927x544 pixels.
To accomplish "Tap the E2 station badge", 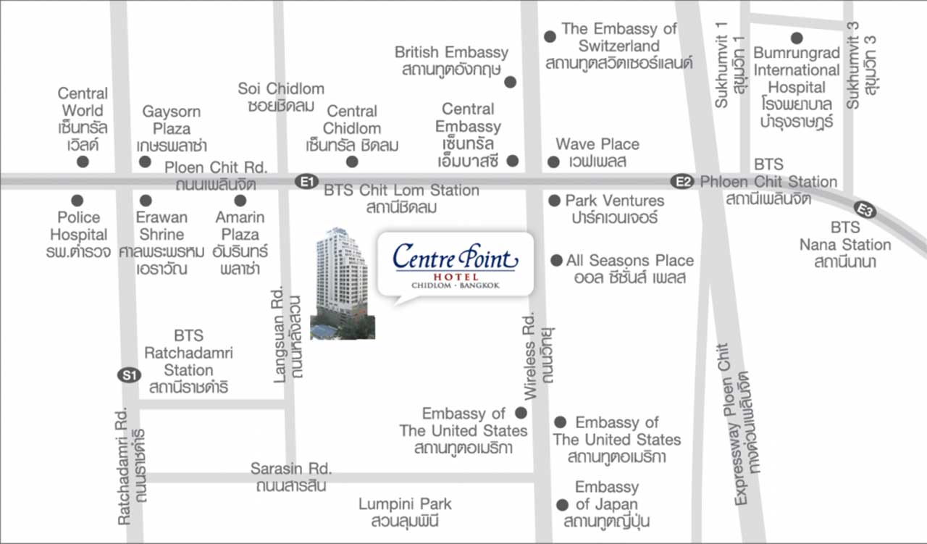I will point(681,182).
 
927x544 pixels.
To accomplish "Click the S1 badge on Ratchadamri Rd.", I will point(128,375).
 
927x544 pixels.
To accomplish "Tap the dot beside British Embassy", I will point(510,83).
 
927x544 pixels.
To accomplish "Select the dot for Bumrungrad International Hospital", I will point(797,38).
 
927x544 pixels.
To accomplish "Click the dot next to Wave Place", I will point(553,162).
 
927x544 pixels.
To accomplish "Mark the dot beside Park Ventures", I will point(555,201).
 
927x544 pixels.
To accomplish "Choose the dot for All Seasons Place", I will point(556,260).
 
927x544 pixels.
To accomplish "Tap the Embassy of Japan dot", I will point(562,505).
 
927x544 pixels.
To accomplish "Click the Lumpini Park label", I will point(405,512).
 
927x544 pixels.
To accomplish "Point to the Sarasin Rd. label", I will point(291,477).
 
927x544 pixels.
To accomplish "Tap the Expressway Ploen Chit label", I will point(749,424).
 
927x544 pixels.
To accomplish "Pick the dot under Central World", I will point(83,162).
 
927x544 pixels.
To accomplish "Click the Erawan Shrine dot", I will point(146,200).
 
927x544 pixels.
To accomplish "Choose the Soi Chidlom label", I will point(281,97).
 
